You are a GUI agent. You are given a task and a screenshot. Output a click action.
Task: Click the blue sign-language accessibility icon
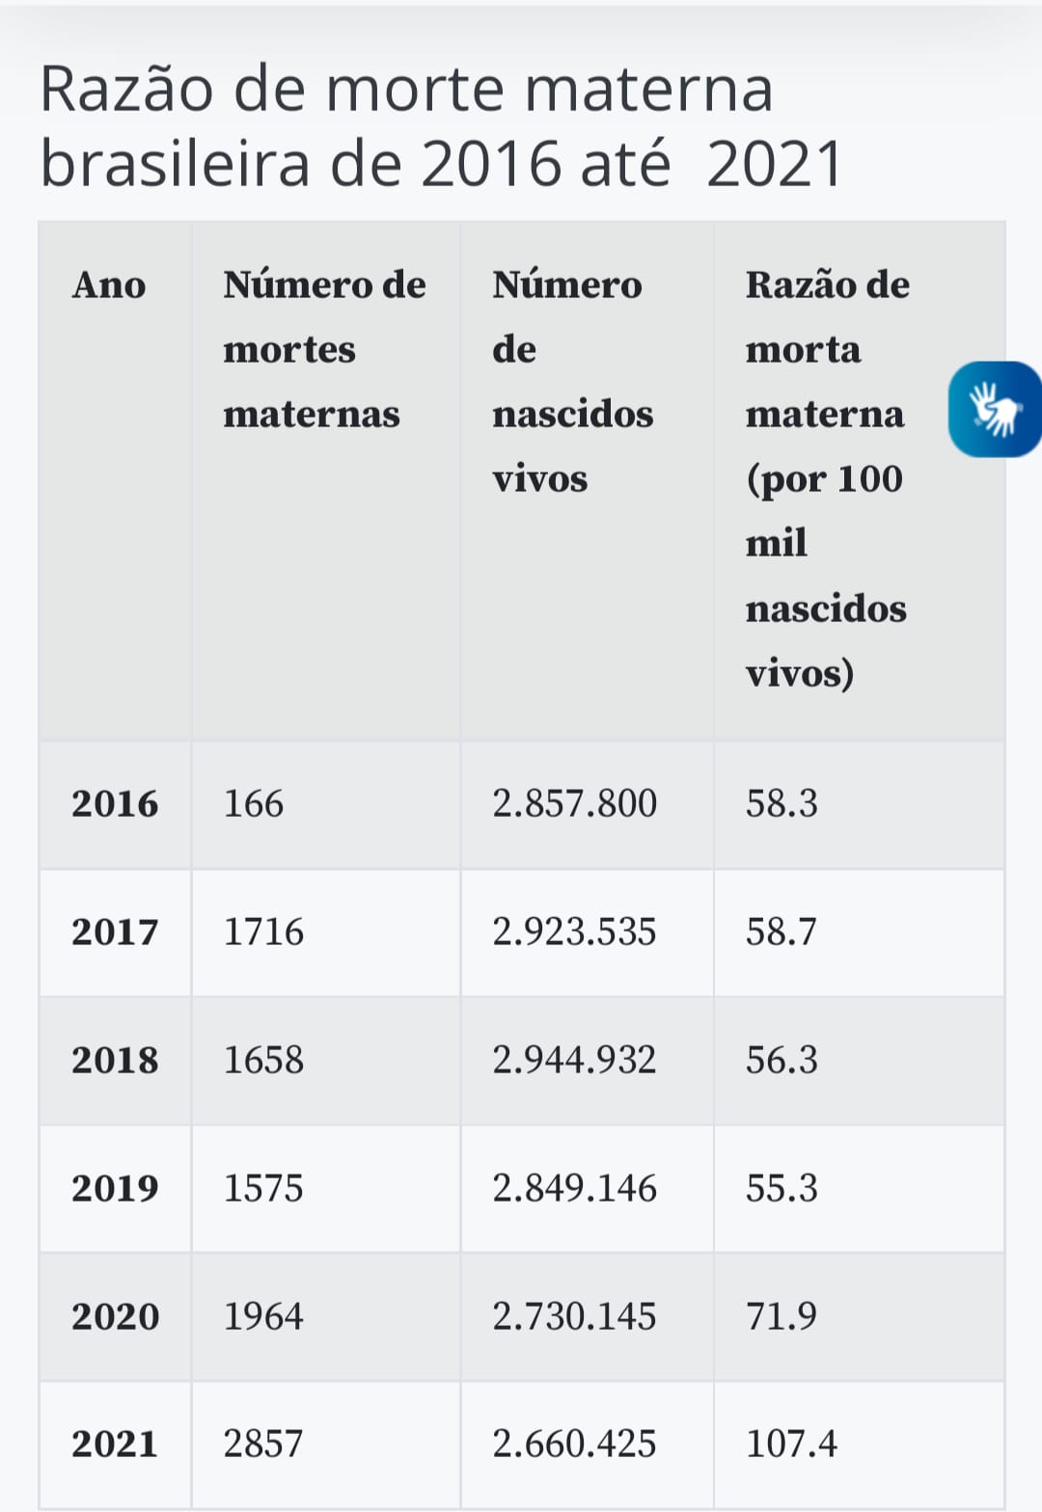995,409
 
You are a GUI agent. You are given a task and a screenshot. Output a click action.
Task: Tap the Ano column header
109,285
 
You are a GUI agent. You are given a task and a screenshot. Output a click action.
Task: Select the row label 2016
115,803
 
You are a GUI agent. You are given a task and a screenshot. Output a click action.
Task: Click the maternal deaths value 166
254,803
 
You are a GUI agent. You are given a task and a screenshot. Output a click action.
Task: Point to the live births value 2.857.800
574,803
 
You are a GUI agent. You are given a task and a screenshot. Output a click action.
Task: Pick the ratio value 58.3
781,803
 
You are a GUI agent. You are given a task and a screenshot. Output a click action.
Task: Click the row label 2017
115,931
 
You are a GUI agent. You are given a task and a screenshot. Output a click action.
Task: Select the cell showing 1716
263,931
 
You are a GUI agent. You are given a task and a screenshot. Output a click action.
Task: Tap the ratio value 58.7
781,931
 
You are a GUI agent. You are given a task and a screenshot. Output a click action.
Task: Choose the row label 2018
115,1060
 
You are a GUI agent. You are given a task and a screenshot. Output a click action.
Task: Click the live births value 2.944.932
574,1060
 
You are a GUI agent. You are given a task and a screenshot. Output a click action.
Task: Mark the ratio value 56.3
781,1060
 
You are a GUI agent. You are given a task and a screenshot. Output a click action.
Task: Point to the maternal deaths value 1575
263,1188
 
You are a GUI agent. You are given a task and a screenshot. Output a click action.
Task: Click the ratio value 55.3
781,1188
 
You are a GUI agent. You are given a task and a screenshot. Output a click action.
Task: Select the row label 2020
115,1316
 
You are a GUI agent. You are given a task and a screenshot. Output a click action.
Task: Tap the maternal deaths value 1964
263,1316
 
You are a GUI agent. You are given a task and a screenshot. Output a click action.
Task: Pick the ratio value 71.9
781,1316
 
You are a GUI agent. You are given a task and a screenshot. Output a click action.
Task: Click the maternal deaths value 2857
263,1444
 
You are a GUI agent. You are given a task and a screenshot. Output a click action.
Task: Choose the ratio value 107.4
791,1444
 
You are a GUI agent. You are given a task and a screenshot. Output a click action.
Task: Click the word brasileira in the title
174,163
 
